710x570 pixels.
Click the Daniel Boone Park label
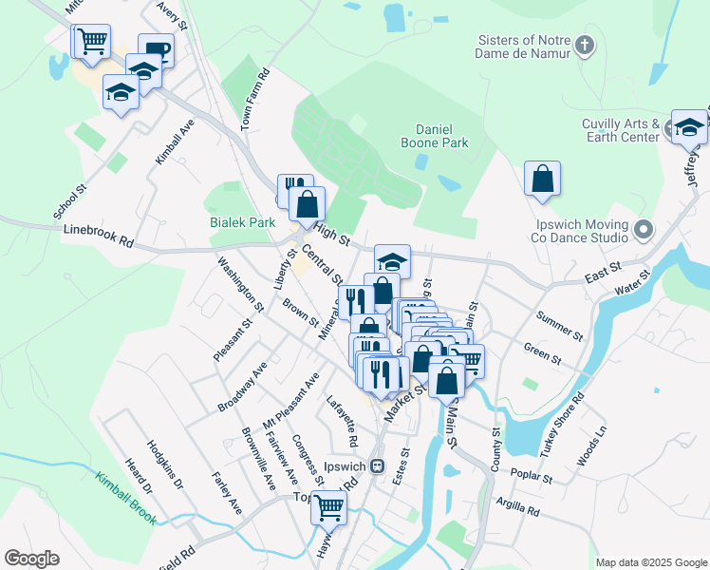[x=442, y=136]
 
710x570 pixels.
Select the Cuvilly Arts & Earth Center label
[x=621, y=131]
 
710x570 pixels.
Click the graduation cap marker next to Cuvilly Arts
[x=688, y=126]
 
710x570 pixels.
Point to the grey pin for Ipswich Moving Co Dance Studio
[x=644, y=230]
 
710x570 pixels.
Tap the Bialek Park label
[x=242, y=222]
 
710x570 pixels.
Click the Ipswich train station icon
[x=377, y=466]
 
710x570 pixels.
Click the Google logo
[x=31, y=559]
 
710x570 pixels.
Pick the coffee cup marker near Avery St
[x=156, y=50]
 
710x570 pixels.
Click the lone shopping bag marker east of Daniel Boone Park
[x=542, y=178]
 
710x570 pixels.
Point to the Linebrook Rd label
[x=99, y=236]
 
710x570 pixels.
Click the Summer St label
[x=559, y=326]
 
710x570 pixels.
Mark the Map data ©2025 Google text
[x=650, y=561]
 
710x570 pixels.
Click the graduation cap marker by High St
[x=392, y=261]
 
